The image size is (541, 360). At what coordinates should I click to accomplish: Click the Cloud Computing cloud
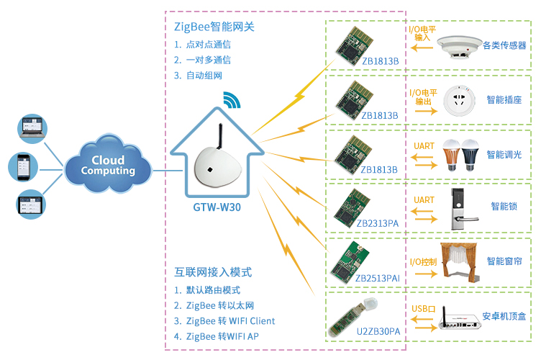coord(108,164)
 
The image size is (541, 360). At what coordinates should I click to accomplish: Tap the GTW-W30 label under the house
coord(217,207)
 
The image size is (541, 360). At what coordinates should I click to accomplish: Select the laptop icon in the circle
coord(32,129)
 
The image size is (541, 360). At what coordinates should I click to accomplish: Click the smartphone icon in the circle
coord(23,167)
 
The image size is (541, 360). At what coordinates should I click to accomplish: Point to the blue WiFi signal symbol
coord(232,100)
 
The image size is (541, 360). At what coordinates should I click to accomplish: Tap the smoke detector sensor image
coord(459,47)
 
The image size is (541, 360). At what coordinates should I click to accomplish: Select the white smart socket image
coord(459,101)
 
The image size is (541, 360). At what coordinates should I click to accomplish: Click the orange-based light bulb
coord(451,155)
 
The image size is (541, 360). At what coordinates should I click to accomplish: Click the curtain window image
coord(459,262)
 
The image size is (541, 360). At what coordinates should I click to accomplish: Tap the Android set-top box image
coord(460,319)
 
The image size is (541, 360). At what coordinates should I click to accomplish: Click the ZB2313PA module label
coord(378,224)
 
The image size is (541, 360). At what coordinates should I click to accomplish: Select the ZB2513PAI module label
coord(378,278)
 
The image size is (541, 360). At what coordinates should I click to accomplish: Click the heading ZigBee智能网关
coord(214,27)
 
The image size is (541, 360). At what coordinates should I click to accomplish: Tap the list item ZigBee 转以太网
coord(220,305)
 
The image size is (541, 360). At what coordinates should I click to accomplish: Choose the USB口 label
coord(424,309)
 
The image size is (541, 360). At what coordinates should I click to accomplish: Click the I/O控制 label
coord(423,262)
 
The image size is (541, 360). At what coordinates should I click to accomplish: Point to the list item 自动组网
coord(204,76)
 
